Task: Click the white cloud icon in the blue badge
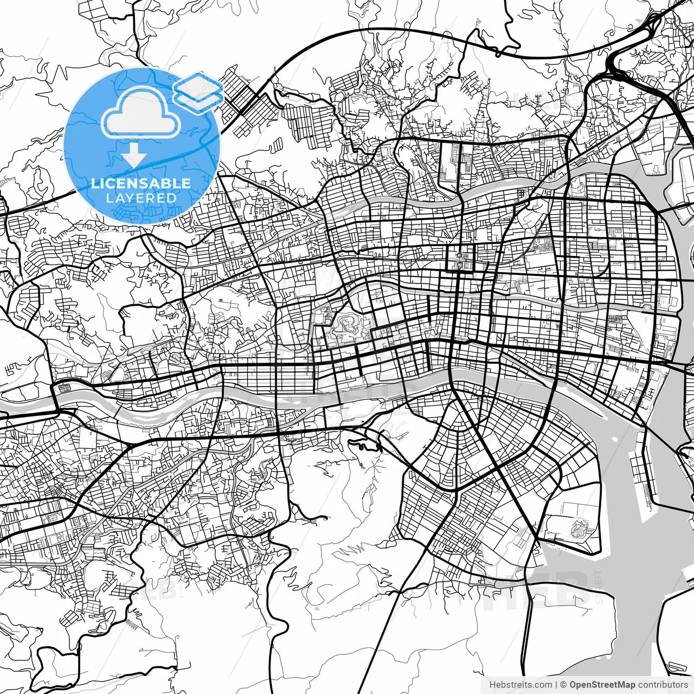coord(141,113)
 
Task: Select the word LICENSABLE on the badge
coord(141,183)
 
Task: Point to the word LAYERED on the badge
coord(141,198)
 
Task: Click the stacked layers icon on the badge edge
coord(198,89)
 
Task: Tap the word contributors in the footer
coord(663,685)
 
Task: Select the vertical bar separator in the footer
coord(557,685)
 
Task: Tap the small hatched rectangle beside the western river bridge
coord(63,388)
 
